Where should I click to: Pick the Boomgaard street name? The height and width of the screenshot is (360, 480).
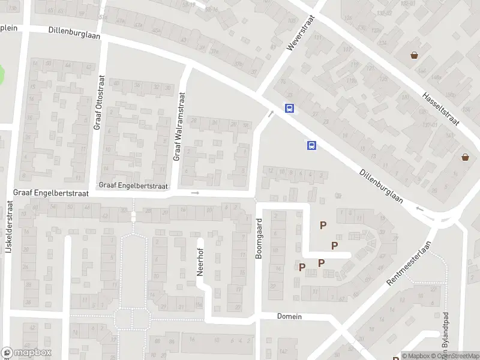click(260, 239)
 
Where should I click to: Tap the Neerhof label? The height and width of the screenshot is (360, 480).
click(201, 262)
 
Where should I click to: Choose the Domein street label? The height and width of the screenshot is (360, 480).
click(289, 316)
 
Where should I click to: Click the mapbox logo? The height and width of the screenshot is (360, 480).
click(26, 353)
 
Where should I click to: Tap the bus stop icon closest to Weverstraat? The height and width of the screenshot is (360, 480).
click(290, 109)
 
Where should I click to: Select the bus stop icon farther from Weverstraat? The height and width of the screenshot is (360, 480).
click(311, 145)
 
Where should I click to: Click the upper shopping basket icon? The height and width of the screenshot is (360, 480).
click(414, 56)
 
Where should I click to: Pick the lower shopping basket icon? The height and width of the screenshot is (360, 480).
click(465, 157)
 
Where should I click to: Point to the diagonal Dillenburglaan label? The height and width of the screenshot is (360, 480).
click(381, 186)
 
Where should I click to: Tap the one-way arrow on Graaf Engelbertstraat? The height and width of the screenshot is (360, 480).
click(195, 193)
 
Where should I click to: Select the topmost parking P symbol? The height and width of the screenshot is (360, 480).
click(323, 225)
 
